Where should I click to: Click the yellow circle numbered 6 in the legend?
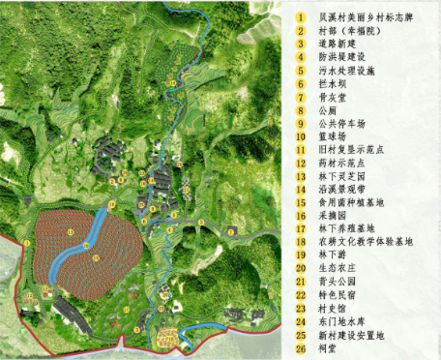[x=300, y=84]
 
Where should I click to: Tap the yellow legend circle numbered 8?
[x=300, y=110]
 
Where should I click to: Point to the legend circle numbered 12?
[x=300, y=163]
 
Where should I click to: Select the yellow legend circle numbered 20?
[x=300, y=267]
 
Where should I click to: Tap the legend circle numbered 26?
[x=300, y=345]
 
